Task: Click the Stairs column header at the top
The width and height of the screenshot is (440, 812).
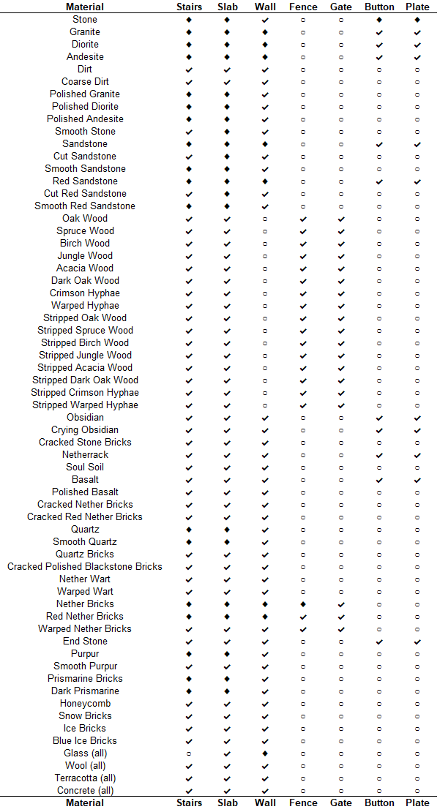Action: pos(189,7)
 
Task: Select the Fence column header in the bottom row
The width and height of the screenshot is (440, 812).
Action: pos(303,802)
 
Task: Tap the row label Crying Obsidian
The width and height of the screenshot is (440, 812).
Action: pos(85,429)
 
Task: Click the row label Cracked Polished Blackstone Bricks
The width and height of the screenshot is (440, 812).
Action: pos(85,566)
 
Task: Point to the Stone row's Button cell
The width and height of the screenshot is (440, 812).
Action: pos(379,20)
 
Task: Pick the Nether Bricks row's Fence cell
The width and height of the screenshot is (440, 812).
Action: pos(303,604)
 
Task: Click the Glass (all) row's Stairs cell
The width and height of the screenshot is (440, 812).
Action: pos(189,753)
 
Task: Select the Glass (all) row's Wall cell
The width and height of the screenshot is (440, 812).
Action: pos(265,753)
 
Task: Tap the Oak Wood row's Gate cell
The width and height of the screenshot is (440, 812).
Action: pos(341,219)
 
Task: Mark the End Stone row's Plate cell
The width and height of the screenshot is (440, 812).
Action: pos(417,642)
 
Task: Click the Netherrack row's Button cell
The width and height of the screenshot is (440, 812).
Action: pos(379,455)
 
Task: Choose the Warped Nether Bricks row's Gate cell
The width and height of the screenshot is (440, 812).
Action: pos(341,629)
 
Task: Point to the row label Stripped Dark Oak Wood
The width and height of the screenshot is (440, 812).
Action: pos(85,380)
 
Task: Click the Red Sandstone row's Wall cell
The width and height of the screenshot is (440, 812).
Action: pos(265,181)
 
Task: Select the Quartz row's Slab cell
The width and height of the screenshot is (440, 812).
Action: pos(227,530)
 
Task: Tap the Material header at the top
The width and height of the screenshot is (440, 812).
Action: pos(85,7)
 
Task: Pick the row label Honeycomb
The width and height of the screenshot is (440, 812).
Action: pos(85,703)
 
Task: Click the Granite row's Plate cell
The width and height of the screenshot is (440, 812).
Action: pos(417,32)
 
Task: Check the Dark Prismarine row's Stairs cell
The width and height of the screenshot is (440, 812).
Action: pos(189,691)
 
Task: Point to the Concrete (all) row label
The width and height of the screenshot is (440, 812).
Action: pos(85,790)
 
